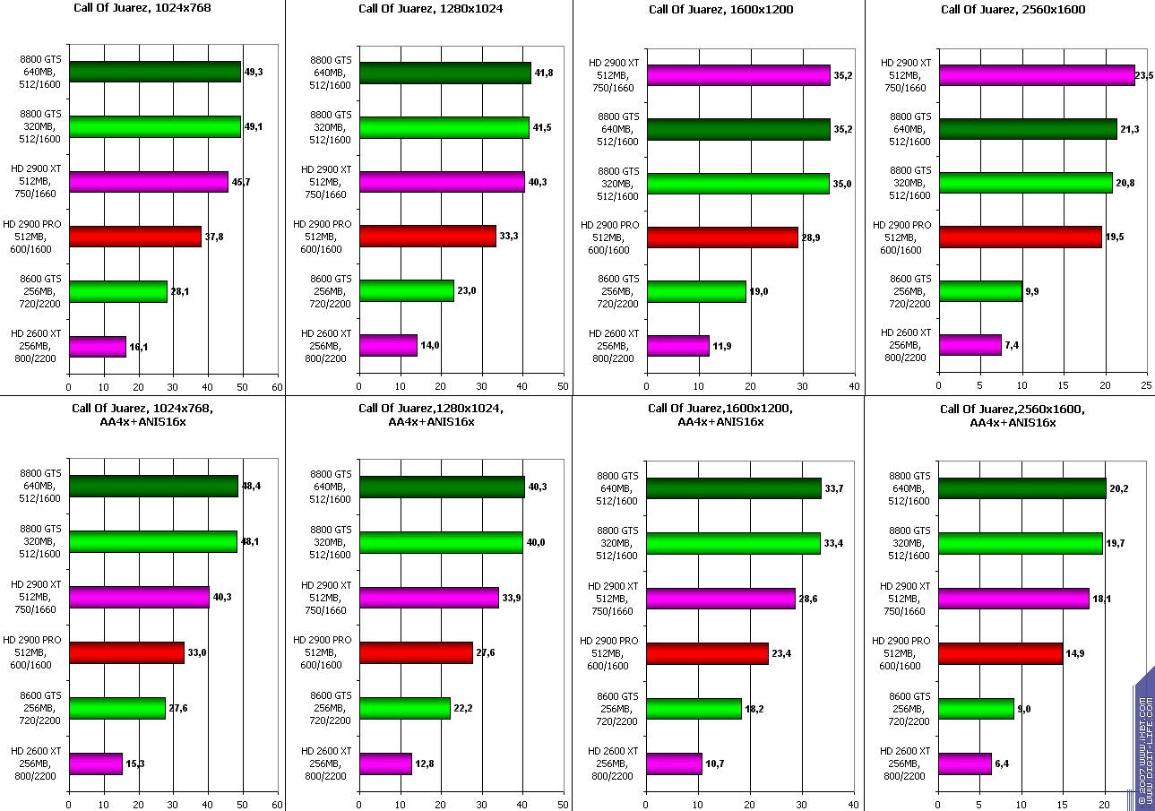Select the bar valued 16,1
pyautogui.click(x=98, y=346)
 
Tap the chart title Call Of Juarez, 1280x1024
pyautogui.click(x=430, y=9)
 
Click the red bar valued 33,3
pyautogui.click(x=427, y=236)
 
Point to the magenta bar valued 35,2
pyautogui.click(x=738, y=75)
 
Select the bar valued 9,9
pyautogui.click(x=980, y=291)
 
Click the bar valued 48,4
pyautogui.click(x=153, y=487)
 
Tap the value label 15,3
pyautogui.click(x=135, y=764)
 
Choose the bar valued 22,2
pyautogui.click(x=405, y=708)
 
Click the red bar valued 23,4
pyautogui.click(x=708, y=653)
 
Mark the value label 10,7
pyautogui.click(x=715, y=764)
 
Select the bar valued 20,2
pyautogui.click(x=1022, y=488)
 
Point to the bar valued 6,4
pyautogui.click(x=965, y=764)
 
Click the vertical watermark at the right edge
pyautogui.click(x=1144, y=739)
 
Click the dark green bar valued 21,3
pyautogui.click(x=1028, y=129)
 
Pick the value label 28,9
pyautogui.click(x=811, y=237)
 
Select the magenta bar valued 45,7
pyautogui.click(x=149, y=182)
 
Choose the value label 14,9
pyautogui.click(x=1075, y=653)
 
